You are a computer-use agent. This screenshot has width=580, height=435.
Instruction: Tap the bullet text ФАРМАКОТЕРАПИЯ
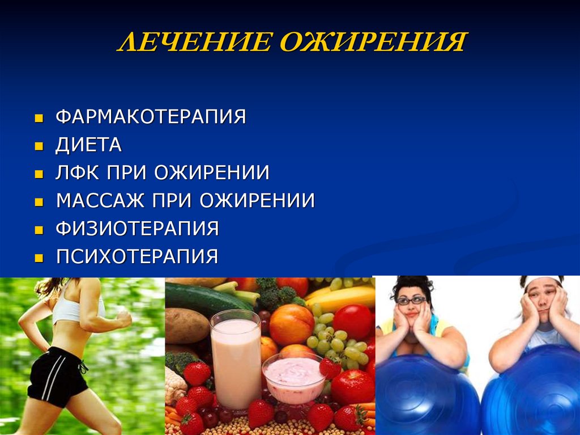point(151,116)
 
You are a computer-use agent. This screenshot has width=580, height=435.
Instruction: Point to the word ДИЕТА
point(89,145)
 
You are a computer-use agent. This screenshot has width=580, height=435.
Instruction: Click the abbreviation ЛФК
point(77,172)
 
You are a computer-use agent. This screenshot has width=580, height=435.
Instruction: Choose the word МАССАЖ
point(100,200)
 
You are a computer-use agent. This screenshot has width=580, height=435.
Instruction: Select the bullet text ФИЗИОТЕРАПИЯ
point(137,228)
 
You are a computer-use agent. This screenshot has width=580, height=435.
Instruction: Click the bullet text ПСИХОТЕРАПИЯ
point(137,256)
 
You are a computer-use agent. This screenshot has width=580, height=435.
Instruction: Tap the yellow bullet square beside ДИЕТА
point(39,146)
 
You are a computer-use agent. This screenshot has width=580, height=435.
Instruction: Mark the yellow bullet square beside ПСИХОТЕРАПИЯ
point(39,257)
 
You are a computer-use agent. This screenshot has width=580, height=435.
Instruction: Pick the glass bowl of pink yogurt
point(294,378)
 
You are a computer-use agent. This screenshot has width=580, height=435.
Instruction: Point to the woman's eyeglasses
point(411,301)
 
